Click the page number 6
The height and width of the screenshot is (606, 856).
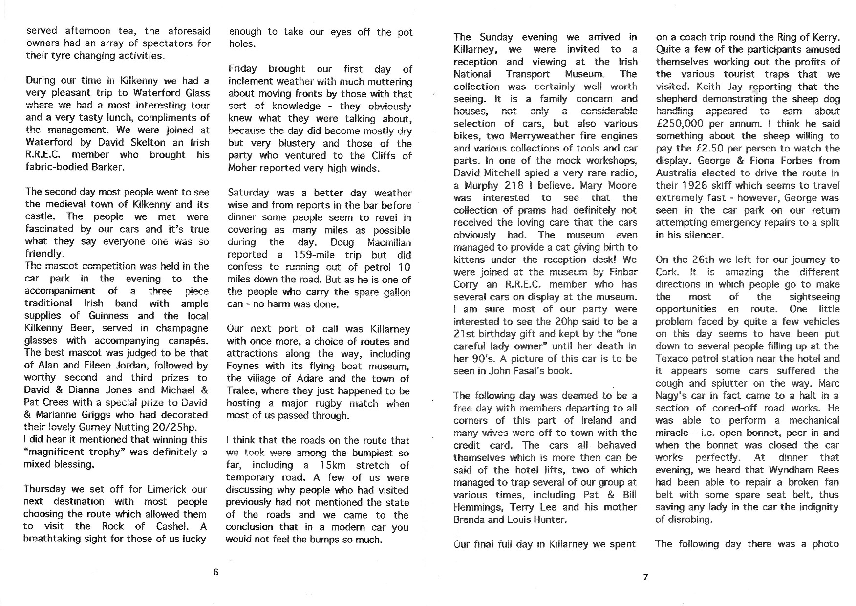(216, 573)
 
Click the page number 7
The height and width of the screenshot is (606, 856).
(645, 577)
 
